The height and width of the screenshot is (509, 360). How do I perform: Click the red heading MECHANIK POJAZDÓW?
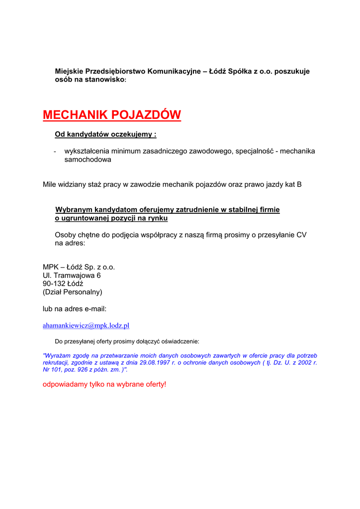click(x=112, y=115)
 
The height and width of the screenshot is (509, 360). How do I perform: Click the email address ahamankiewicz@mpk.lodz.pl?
click(x=86, y=326)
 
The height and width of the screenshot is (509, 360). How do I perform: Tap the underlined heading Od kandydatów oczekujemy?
click(x=105, y=135)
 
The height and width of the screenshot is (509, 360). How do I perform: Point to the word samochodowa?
click(x=88, y=160)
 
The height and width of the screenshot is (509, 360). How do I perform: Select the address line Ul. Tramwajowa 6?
click(x=72, y=275)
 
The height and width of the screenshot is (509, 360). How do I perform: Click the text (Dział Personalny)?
click(x=73, y=292)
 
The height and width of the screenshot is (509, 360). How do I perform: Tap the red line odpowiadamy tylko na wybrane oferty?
click(x=104, y=384)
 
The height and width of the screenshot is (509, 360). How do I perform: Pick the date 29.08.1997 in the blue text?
click(x=156, y=363)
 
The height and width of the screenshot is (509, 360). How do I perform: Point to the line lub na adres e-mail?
click(x=75, y=309)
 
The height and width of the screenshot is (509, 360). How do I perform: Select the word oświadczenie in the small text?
click(x=180, y=341)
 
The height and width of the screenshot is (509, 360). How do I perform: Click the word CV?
click(x=301, y=235)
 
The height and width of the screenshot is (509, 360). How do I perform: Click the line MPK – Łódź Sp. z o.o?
click(x=79, y=267)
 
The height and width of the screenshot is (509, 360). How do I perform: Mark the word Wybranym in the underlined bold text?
click(x=73, y=210)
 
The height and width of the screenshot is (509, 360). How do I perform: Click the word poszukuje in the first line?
click(x=292, y=72)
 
